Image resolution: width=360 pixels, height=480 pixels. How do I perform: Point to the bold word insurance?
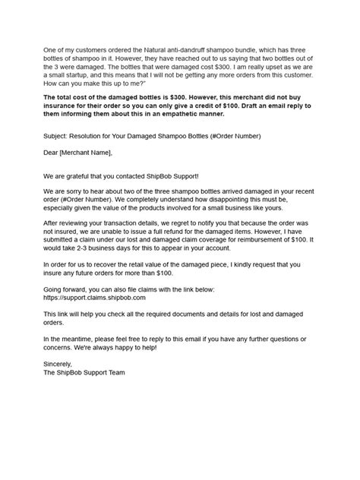pyautogui.click(x=64, y=106)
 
